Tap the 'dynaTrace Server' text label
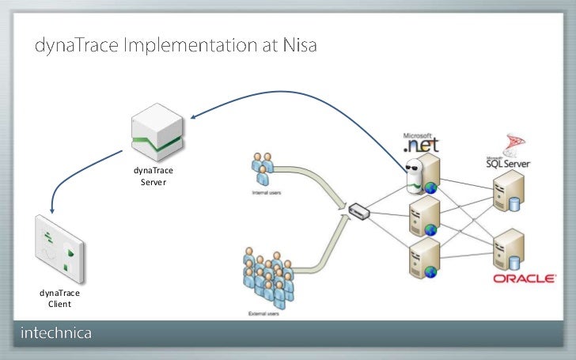(153, 176)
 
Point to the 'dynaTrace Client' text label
(59, 298)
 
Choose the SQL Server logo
(508, 157)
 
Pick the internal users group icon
(262, 169)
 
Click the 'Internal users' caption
(266, 192)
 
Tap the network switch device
(358, 211)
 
